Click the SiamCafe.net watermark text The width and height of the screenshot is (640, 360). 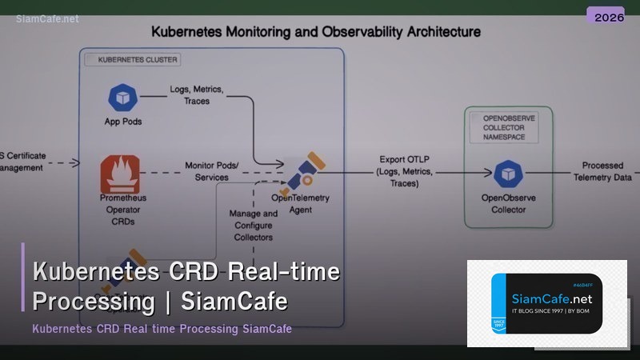point(47,18)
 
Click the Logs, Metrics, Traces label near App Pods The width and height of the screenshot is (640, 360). point(196,95)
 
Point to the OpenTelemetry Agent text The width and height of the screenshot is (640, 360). point(300,204)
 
